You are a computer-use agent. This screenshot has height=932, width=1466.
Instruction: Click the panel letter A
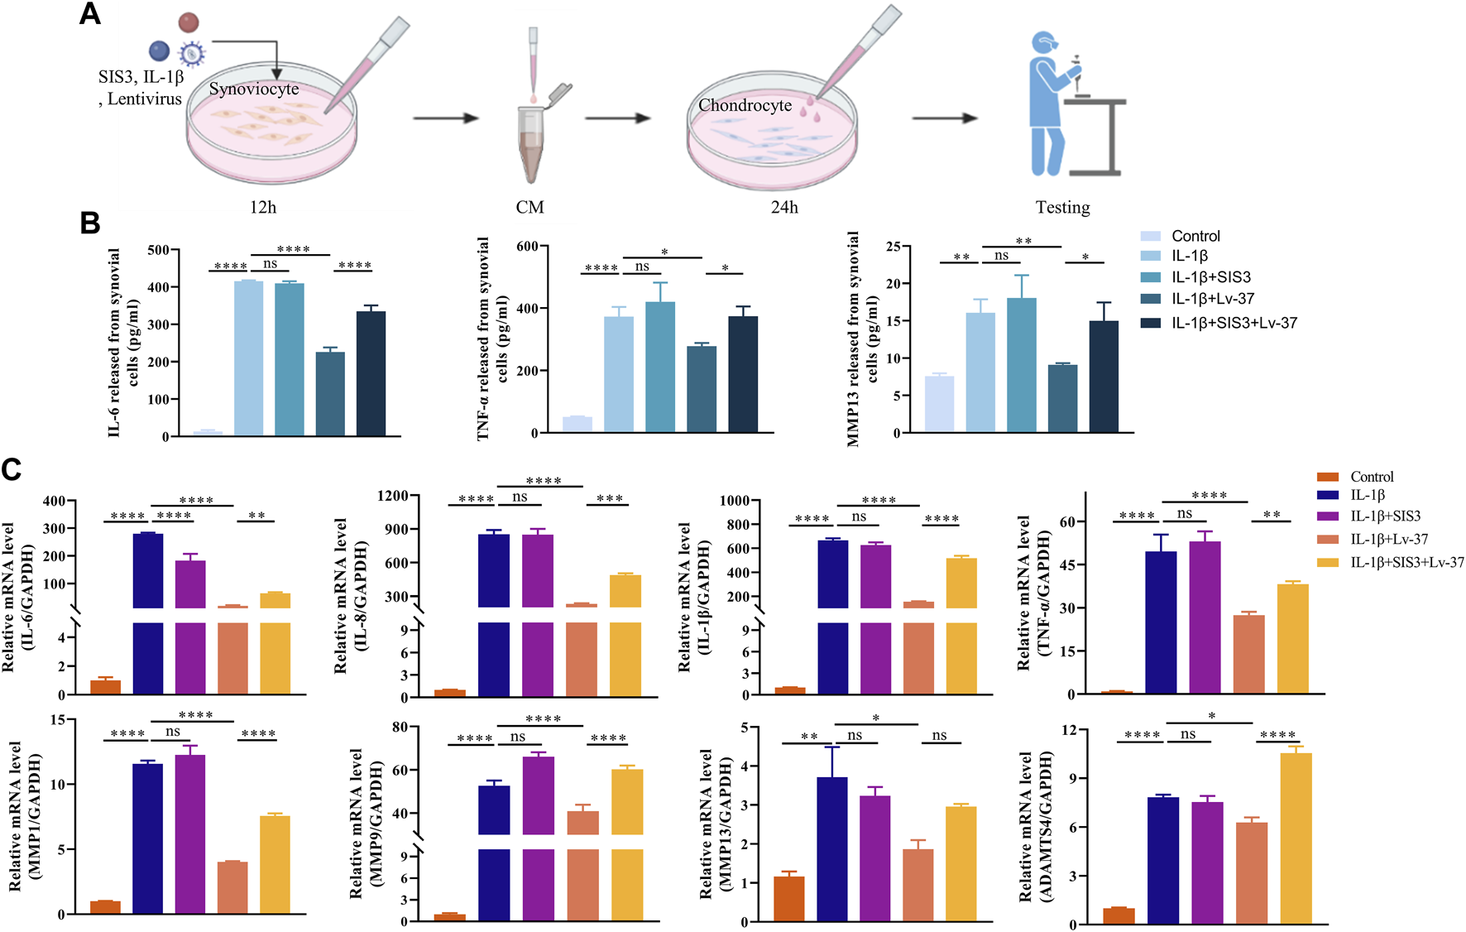pos(89,14)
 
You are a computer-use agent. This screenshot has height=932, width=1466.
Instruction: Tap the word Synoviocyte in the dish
pos(253,89)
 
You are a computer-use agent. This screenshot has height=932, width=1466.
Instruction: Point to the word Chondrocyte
pos(745,105)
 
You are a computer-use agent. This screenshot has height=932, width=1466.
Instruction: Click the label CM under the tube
pos(529,207)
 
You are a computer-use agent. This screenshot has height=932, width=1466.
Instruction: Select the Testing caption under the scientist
pos(1062,207)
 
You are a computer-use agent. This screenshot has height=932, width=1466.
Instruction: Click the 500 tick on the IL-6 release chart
pos(158,250)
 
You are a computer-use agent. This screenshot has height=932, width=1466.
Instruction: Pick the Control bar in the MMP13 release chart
pos(939,404)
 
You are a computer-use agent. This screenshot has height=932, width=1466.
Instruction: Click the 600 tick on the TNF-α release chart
pos(527,246)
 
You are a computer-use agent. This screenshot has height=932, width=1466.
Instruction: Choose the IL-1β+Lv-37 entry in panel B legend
pos(1212,299)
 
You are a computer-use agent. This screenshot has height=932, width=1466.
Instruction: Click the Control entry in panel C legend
pos(1372,477)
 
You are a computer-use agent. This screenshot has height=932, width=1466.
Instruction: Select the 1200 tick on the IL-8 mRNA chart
pos(392,496)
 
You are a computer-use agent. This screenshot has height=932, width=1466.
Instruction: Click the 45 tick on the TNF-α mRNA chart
pos(1068,565)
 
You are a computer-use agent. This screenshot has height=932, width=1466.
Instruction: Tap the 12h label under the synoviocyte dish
pos(263,207)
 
